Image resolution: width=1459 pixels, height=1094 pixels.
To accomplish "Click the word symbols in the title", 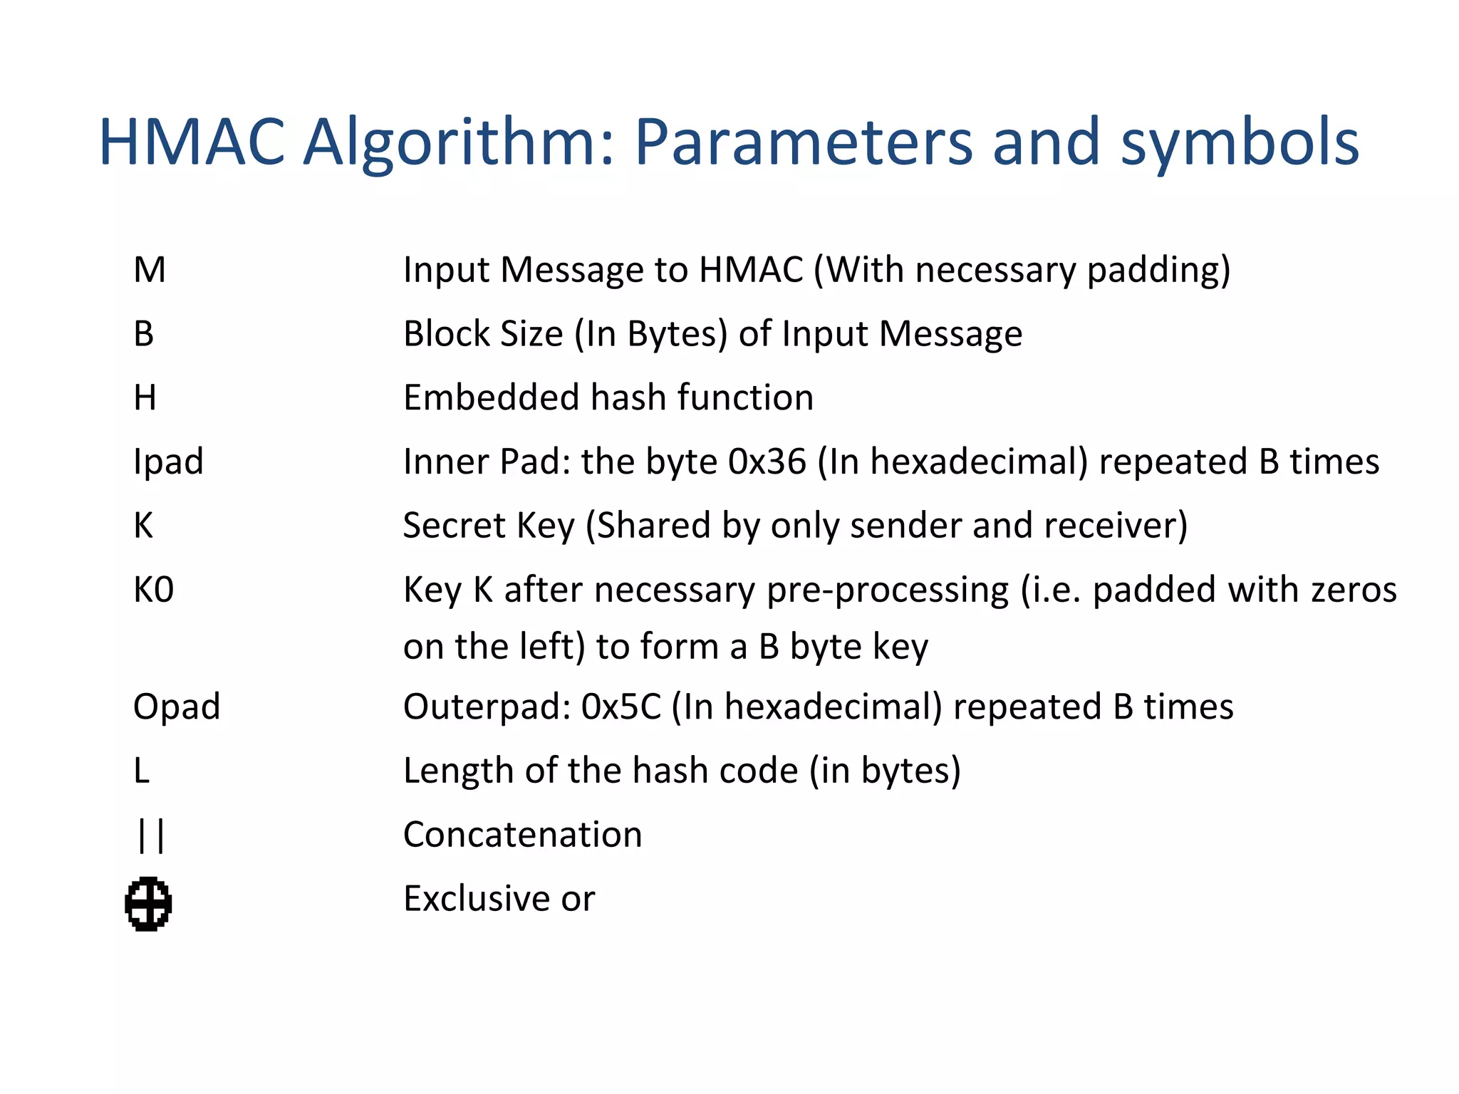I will pos(1240,142).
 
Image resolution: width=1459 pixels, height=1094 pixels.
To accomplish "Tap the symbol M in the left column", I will pos(150,270).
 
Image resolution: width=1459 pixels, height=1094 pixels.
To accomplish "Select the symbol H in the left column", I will pos(145,397).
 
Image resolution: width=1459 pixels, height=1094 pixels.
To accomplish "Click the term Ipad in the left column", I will pos(168,462).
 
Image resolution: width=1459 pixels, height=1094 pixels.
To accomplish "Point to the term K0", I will pos(153,590).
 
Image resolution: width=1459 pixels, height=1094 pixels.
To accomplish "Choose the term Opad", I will pos(177,707).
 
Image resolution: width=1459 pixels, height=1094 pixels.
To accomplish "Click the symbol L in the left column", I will pos(141,771).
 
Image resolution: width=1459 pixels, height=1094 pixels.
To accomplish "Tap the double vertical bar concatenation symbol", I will pos(150,835).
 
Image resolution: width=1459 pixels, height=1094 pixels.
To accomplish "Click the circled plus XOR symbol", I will pos(148,904).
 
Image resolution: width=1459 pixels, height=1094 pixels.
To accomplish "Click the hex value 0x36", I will pos(767,462).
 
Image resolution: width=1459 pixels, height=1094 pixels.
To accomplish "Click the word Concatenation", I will pos(522,835).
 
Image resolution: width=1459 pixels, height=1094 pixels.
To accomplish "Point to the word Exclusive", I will pos(477,898).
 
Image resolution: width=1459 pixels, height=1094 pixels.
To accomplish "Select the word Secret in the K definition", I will pos(455,526).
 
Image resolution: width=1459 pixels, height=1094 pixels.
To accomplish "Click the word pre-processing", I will pos(888,590).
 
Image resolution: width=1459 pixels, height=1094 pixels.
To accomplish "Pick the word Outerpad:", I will pos(487,707).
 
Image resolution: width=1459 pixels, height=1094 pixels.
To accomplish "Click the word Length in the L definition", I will pos(458,771).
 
